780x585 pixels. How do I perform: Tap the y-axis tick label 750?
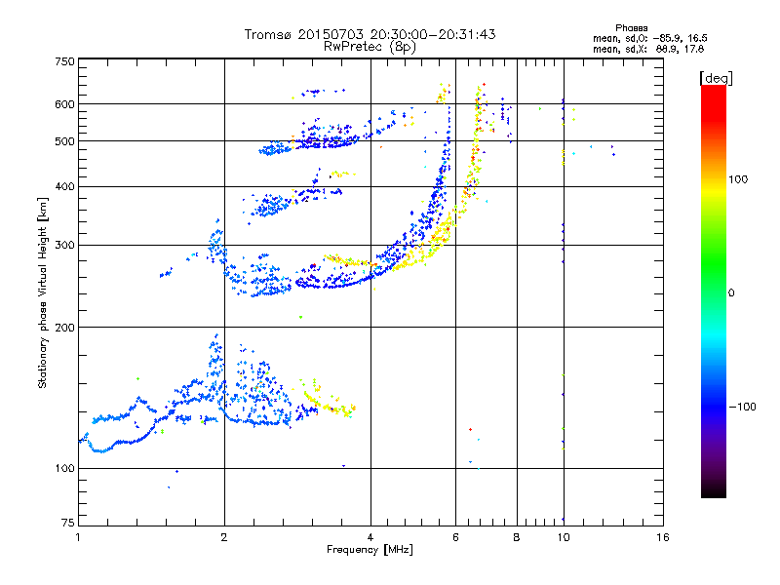pyautogui.click(x=63, y=61)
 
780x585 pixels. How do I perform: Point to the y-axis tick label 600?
pyautogui.click(x=63, y=104)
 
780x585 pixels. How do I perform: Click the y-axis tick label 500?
pyautogui.click(x=63, y=141)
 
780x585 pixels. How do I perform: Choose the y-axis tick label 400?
pyautogui.click(x=63, y=187)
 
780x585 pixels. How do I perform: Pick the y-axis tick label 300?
pyautogui.click(x=63, y=246)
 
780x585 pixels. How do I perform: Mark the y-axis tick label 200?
pyautogui.click(x=63, y=328)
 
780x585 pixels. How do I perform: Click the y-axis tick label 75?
pyautogui.click(x=66, y=524)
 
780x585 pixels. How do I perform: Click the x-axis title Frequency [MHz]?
pyautogui.click(x=370, y=550)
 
